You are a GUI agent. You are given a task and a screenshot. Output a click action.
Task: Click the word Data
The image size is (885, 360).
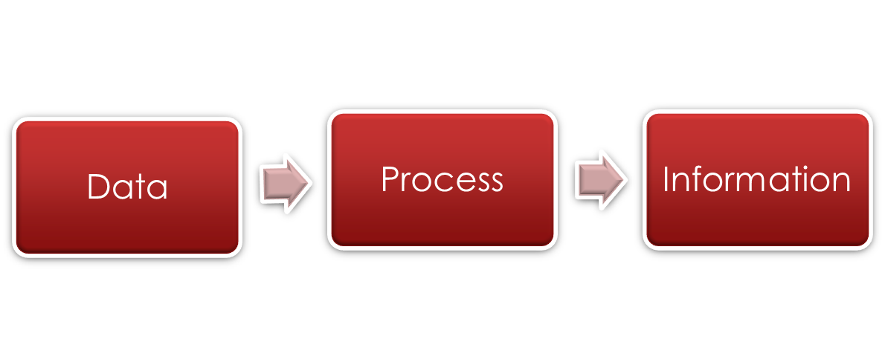click(x=127, y=187)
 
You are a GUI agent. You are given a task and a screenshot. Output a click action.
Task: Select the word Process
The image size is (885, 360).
click(x=442, y=179)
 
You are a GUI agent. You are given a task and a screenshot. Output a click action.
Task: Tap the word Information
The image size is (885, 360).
click(x=756, y=179)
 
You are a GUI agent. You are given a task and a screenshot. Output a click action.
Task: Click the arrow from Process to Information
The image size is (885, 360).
click(x=600, y=179)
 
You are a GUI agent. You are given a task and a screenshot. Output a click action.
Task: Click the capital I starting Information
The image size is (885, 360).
click(x=666, y=179)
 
